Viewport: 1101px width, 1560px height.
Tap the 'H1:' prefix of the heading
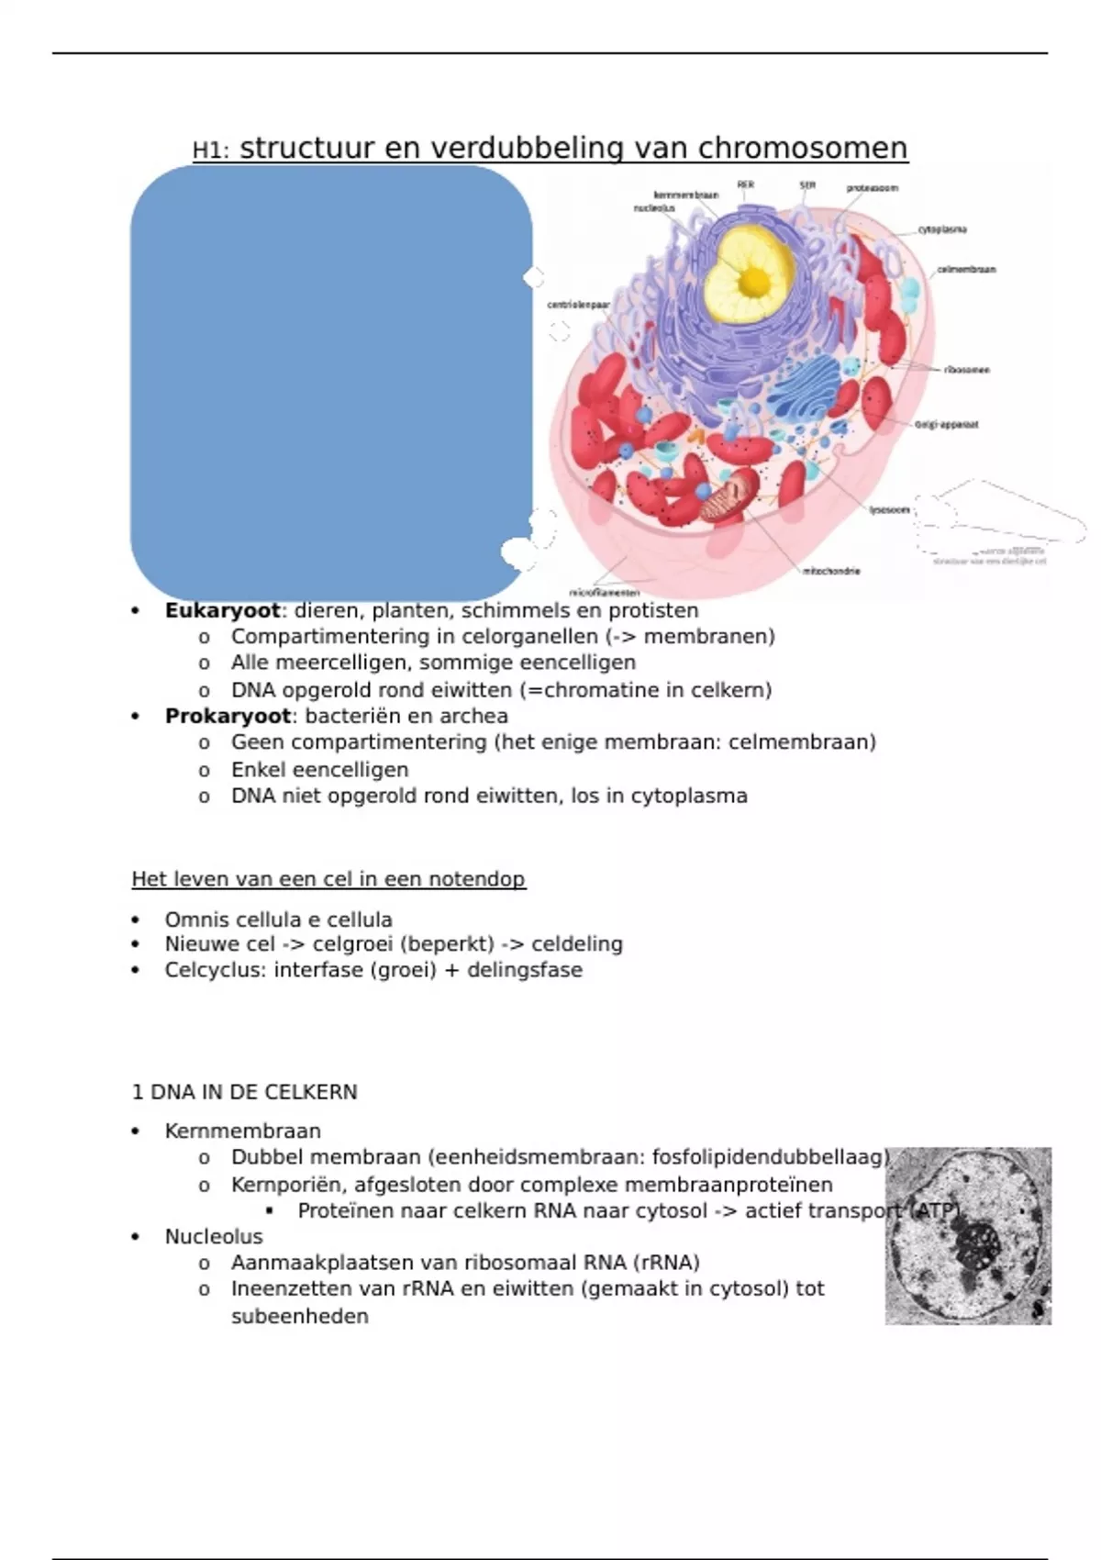pos(210,150)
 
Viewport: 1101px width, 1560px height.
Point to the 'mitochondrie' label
pos(831,571)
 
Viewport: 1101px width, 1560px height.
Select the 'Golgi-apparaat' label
pos(947,425)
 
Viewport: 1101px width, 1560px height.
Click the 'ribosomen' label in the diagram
pos(967,370)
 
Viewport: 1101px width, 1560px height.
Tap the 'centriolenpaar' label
pos(578,305)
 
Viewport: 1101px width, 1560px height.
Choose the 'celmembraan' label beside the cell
pos(966,270)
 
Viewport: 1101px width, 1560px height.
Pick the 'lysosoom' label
pos(889,509)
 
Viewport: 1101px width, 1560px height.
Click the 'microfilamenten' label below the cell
pos(605,593)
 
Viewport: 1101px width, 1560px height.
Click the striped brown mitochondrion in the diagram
pos(729,496)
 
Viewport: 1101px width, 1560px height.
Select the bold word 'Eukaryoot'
pos(222,610)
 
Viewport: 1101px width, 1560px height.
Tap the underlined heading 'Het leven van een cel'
pos(328,879)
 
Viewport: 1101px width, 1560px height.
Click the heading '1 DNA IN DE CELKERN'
pos(244,1092)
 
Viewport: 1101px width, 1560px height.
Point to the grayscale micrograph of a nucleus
pos(968,1235)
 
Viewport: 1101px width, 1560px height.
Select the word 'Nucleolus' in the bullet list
pos(214,1236)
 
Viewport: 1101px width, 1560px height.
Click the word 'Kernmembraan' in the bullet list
pos(242,1131)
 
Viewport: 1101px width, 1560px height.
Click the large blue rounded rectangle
pos(331,383)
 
